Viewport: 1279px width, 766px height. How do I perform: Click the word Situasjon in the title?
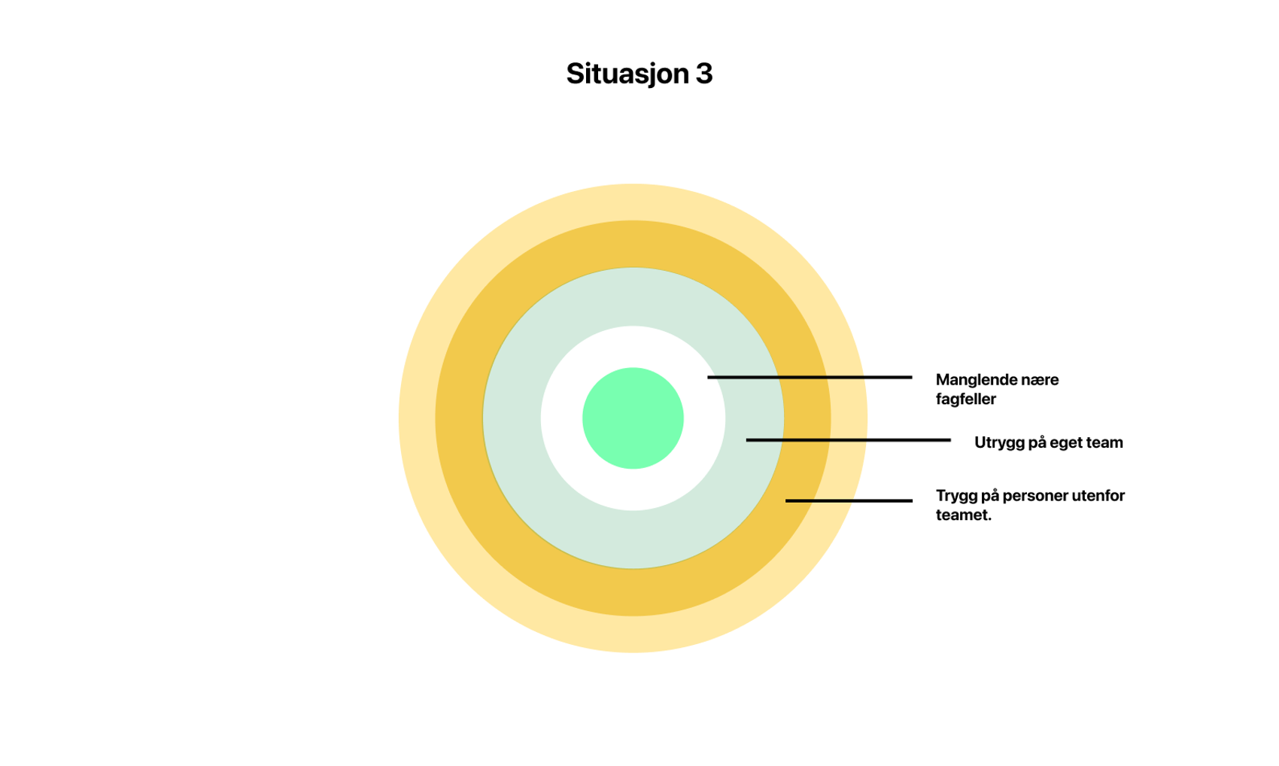(x=627, y=74)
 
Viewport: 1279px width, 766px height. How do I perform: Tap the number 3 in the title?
(x=703, y=74)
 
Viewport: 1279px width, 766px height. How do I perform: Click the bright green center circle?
(x=633, y=418)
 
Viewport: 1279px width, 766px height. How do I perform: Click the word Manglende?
(x=974, y=380)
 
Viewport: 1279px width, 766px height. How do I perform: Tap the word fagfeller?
(x=965, y=400)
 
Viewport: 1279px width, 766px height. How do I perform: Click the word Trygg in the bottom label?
(x=956, y=496)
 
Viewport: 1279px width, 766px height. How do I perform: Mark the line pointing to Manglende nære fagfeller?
(x=810, y=377)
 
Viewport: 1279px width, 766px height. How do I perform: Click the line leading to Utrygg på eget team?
(x=848, y=439)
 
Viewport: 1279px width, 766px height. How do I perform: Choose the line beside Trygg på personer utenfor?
(x=849, y=500)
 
